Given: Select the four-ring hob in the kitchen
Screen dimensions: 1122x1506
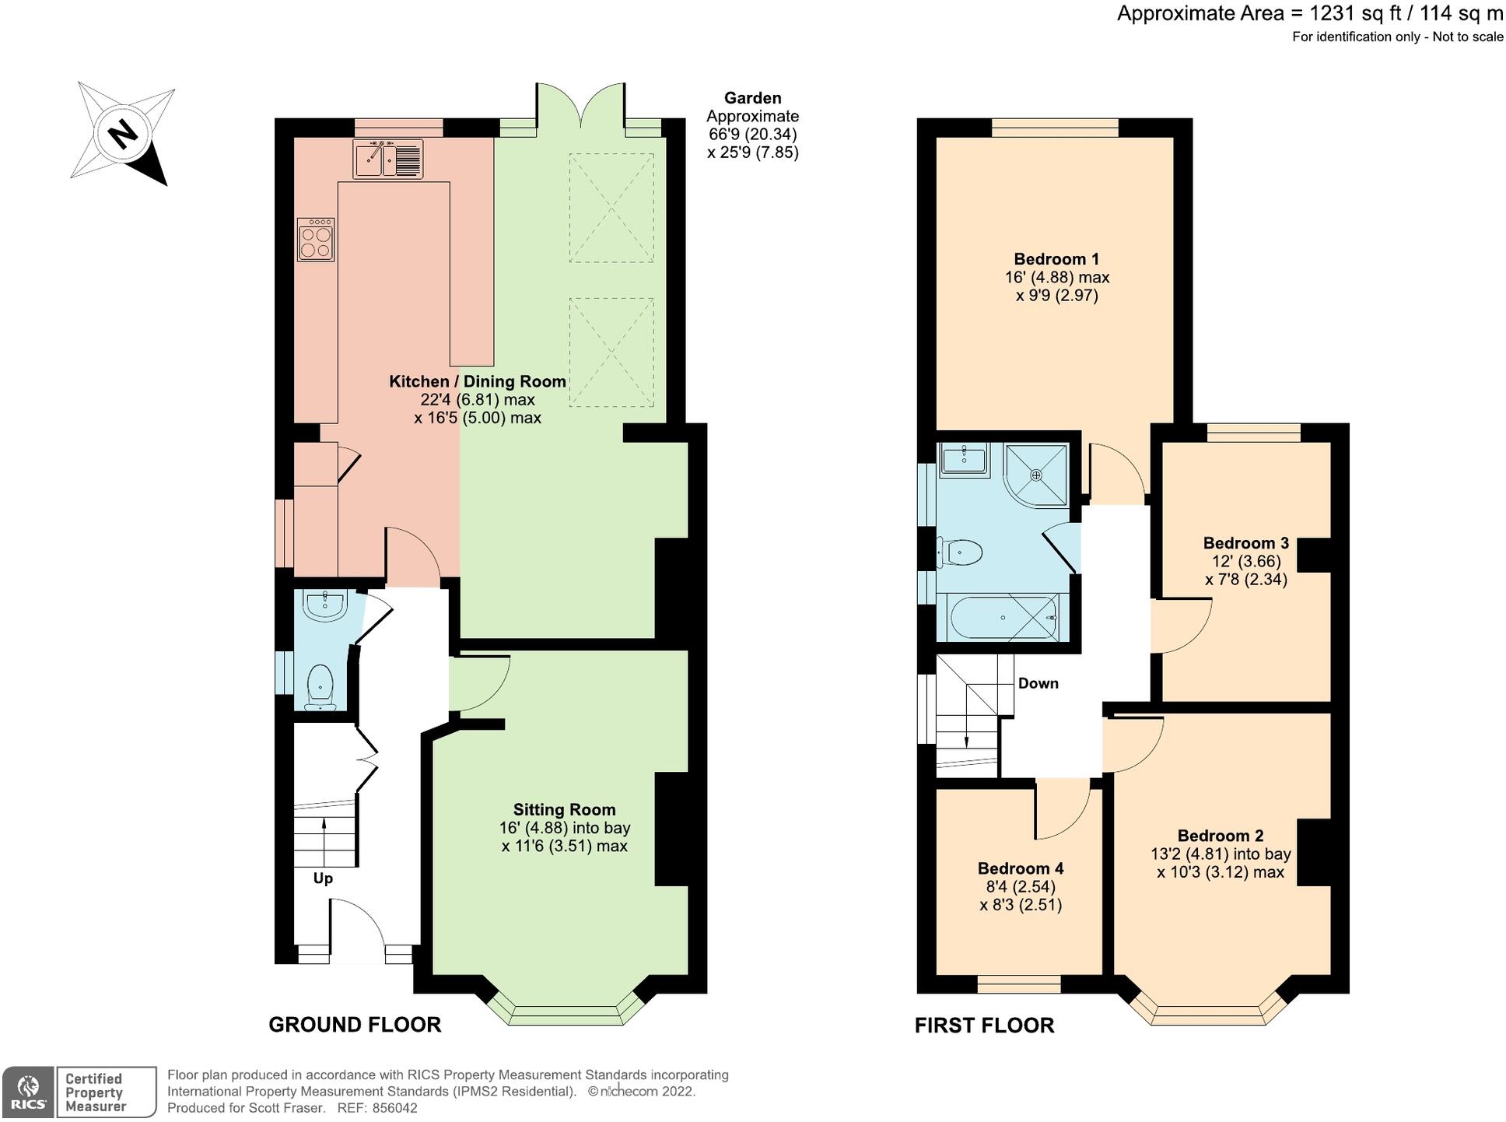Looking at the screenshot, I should (x=316, y=240).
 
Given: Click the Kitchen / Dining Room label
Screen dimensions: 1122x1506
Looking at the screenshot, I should (x=477, y=381).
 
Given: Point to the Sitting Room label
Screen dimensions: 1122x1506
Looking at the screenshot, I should (x=564, y=809).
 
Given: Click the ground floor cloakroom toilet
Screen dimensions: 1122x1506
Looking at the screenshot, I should (x=320, y=687).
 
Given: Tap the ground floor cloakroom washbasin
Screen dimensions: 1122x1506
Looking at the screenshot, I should (x=324, y=605).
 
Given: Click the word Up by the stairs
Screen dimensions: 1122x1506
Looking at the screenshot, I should (x=323, y=878).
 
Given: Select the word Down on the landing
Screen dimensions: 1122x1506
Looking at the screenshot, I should (x=1038, y=683).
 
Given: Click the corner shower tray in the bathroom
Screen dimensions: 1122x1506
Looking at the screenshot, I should (x=1035, y=474).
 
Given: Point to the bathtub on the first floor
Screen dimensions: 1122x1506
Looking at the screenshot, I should (x=1003, y=618).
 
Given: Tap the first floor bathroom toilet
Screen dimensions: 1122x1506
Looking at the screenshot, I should (x=961, y=553).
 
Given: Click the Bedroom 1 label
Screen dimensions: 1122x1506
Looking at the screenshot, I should (x=1056, y=259).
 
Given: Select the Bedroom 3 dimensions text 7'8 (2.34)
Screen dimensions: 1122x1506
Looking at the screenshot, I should (x=1245, y=580).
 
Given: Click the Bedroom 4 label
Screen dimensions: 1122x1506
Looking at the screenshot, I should (x=1020, y=868).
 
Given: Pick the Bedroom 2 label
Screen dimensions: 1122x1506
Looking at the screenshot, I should (x=1220, y=836).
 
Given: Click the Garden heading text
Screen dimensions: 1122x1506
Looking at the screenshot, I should (x=752, y=98).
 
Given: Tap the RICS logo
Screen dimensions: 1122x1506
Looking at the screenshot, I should (x=28, y=1092).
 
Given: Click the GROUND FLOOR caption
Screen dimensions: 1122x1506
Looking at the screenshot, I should (x=355, y=1025).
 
